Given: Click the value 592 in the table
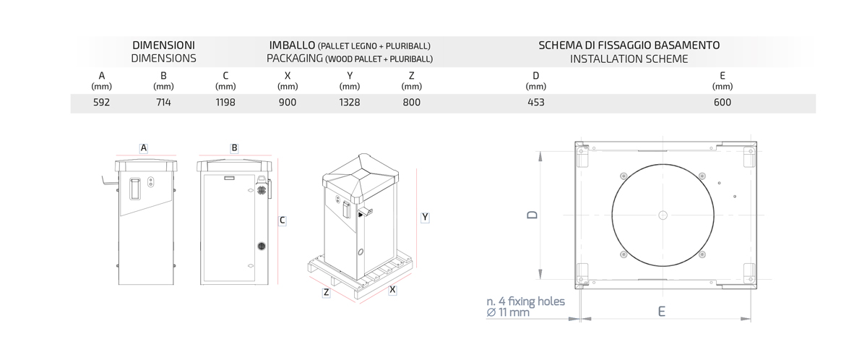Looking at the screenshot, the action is pyautogui.click(x=101, y=102).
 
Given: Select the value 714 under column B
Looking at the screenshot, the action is pyautogui.click(x=163, y=102).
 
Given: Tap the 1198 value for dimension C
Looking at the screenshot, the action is pyautogui.click(x=225, y=102).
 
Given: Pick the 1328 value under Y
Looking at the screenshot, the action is pyautogui.click(x=350, y=102).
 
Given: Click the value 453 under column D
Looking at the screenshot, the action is pyautogui.click(x=535, y=102).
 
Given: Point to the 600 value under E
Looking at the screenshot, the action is pyautogui.click(x=722, y=102).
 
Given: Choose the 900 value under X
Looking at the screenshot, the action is pyautogui.click(x=288, y=102).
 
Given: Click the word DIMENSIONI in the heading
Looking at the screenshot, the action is pyautogui.click(x=163, y=46).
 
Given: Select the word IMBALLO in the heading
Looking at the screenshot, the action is pyautogui.click(x=292, y=46).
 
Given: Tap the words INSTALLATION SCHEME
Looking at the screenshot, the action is pyautogui.click(x=629, y=59).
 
